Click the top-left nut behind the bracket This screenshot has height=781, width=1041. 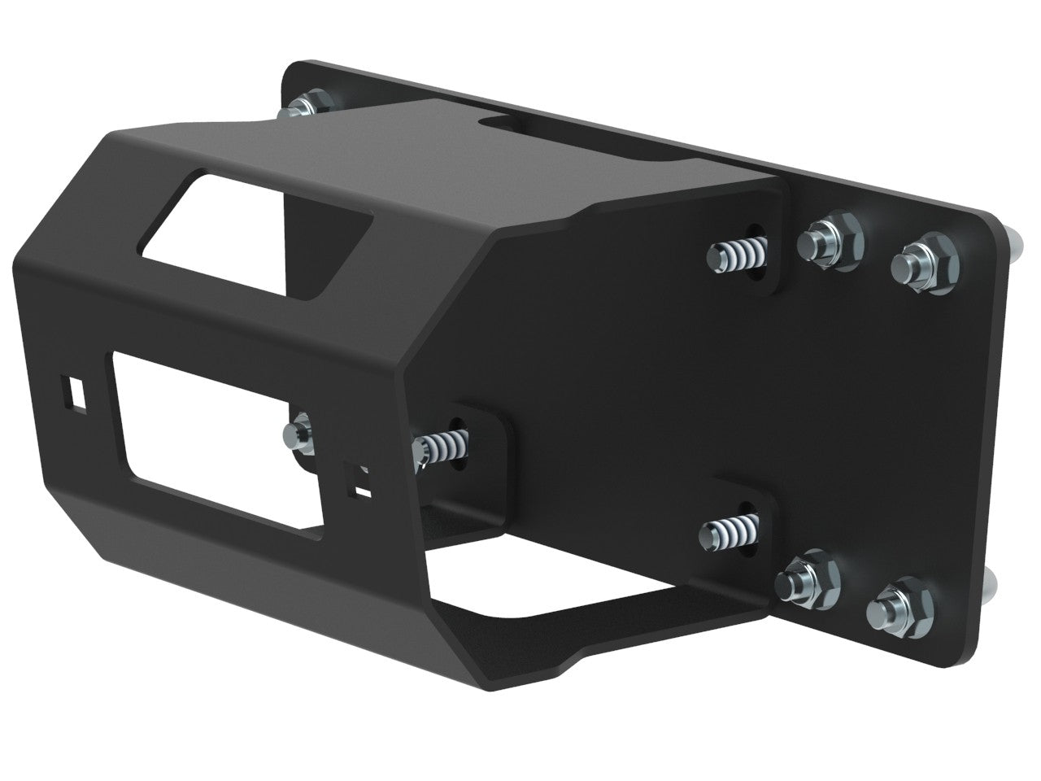tap(309, 106)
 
